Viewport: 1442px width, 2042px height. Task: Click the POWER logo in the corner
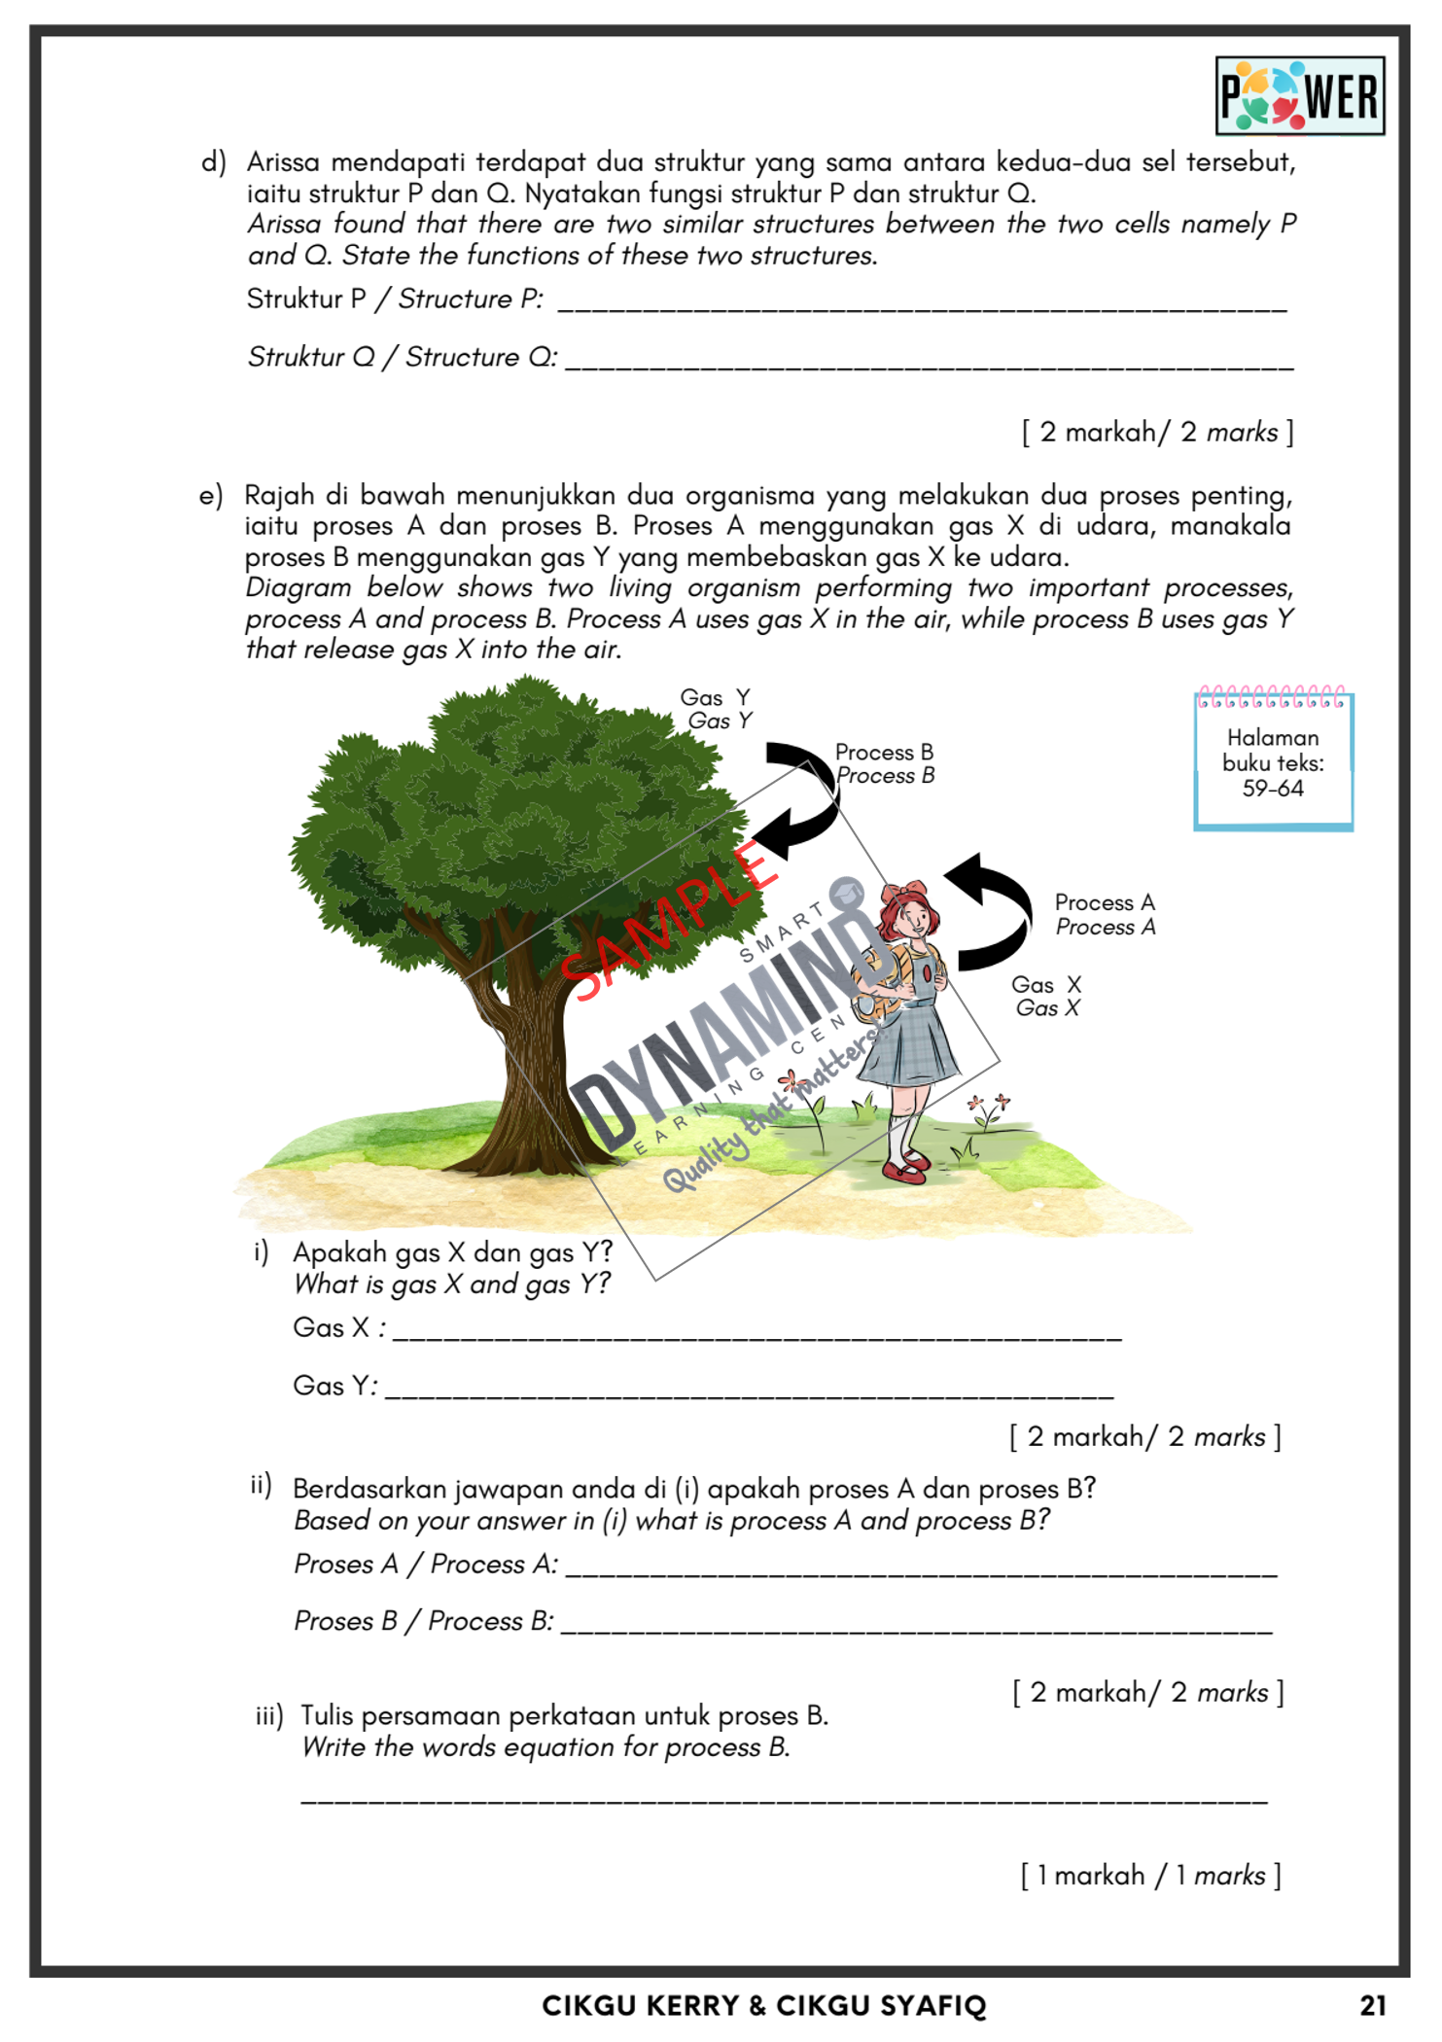point(1299,96)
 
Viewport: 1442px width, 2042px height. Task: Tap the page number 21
point(1372,2004)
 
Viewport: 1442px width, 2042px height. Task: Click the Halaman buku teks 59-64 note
point(1273,763)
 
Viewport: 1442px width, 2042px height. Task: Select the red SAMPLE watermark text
point(670,919)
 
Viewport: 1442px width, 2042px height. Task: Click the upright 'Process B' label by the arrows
point(884,752)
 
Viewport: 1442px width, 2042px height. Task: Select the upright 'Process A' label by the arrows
point(1105,902)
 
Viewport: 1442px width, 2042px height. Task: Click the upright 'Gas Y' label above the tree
point(715,697)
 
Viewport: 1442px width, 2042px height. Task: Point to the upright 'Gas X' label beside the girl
point(1046,984)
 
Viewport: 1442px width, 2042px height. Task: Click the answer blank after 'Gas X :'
point(756,1333)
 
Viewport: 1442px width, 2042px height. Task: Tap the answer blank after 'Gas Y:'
point(749,1391)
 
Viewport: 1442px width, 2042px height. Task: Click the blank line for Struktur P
point(922,304)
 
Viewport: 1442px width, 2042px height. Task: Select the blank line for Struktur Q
point(929,363)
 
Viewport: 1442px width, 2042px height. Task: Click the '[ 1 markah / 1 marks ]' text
point(1150,1875)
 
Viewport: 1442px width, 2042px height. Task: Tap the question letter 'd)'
point(213,161)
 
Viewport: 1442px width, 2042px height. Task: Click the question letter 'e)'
point(211,496)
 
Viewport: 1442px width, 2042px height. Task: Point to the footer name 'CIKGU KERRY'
point(640,2005)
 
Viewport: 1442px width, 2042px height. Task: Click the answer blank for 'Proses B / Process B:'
point(916,1626)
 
